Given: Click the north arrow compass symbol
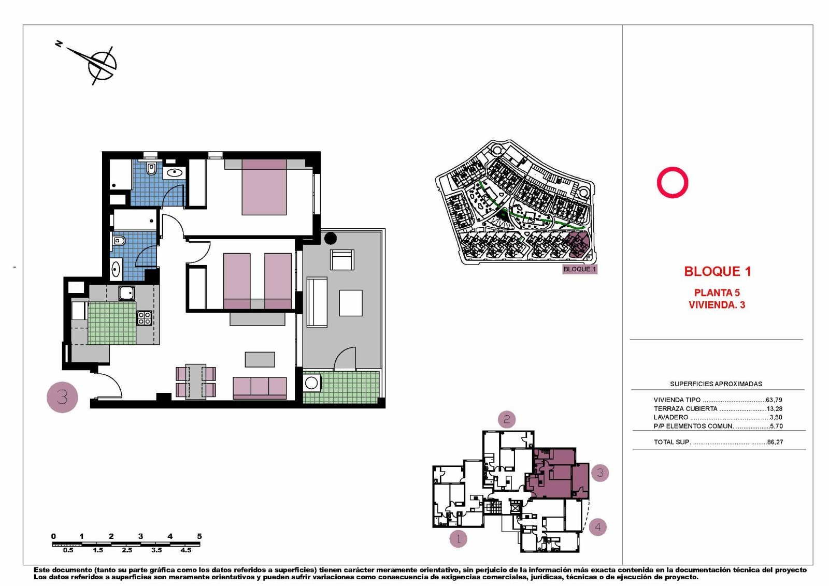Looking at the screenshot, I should tap(102, 64).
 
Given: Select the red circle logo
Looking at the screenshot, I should tap(673, 182).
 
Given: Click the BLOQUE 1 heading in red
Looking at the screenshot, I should tap(717, 271).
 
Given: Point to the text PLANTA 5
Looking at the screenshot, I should tap(717, 292).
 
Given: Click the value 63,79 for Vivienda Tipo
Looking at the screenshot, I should tap(774, 400).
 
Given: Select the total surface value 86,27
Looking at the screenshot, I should tap(775, 442).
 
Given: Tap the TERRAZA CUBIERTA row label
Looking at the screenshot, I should tap(685, 408).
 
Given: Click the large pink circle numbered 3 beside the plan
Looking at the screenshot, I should tap(62, 397).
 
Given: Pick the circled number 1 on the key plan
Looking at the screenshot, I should tap(458, 538).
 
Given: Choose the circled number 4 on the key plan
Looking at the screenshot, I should tap(597, 527).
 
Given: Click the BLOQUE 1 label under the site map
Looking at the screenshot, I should tap(579, 269).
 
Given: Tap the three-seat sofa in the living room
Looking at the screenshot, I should tap(260, 387).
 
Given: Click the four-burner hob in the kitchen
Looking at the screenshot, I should tap(144, 318).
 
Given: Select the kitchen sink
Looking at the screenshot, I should tap(126, 293).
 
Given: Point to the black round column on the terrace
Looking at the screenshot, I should tap(330, 239).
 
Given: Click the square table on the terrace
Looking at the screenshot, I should tap(351, 303).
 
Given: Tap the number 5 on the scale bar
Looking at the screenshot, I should tap(199, 536).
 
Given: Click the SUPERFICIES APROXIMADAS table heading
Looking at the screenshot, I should tap(716, 384).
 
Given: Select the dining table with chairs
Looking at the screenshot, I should tap(196, 382).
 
